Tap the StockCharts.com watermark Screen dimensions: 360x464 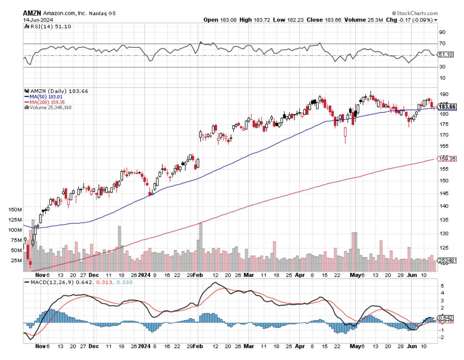click(415, 13)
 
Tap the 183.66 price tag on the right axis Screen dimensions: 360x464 click(447, 106)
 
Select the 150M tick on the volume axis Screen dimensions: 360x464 click(14, 210)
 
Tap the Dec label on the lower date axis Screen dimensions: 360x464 click(94, 346)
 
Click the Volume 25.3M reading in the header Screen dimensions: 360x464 click(358, 19)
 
